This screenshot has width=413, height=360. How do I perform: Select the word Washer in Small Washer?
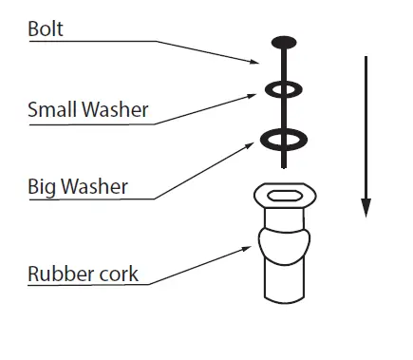[115, 110]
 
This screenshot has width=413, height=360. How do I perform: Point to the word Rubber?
[59, 275]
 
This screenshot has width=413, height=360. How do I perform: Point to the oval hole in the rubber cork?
[284, 197]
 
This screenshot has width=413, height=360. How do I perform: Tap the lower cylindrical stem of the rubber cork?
[284, 285]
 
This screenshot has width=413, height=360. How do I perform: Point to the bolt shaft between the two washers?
[284, 115]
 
